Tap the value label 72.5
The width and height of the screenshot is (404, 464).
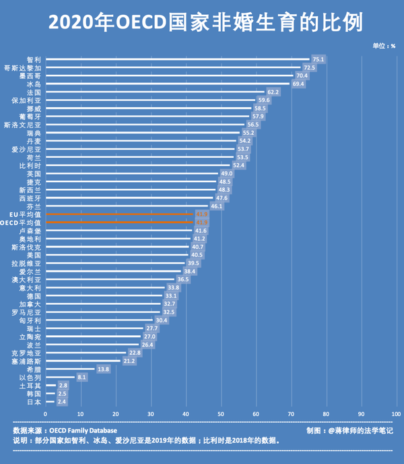309,68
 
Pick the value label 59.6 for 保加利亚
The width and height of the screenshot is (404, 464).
263,100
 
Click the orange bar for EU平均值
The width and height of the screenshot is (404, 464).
119,214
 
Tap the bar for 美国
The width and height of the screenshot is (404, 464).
116,254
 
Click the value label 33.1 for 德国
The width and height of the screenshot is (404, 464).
171,295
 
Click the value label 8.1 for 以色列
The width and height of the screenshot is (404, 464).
82,377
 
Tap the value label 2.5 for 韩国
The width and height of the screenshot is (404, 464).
63,393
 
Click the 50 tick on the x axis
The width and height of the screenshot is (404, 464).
221,413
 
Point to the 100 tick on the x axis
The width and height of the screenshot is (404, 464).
396,413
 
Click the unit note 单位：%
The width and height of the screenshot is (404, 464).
384,46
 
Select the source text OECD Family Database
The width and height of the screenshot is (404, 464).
83,430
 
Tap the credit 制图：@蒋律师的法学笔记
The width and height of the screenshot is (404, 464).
349,430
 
